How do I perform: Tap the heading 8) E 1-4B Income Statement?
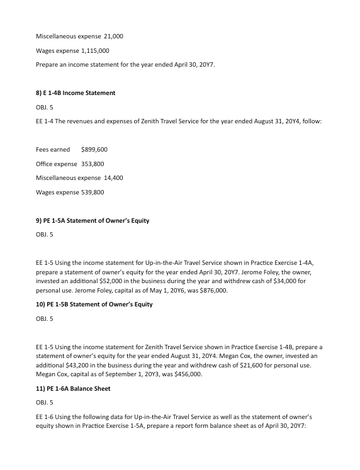click(x=75, y=93)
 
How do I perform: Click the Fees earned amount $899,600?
click(x=95, y=150)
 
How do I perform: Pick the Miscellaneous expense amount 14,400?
click(x=111, y=178)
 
